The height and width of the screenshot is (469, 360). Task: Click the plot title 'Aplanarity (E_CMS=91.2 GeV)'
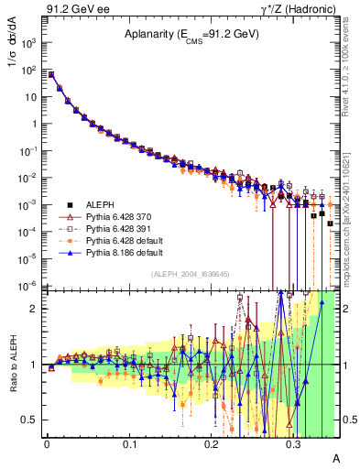click(192, 35)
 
